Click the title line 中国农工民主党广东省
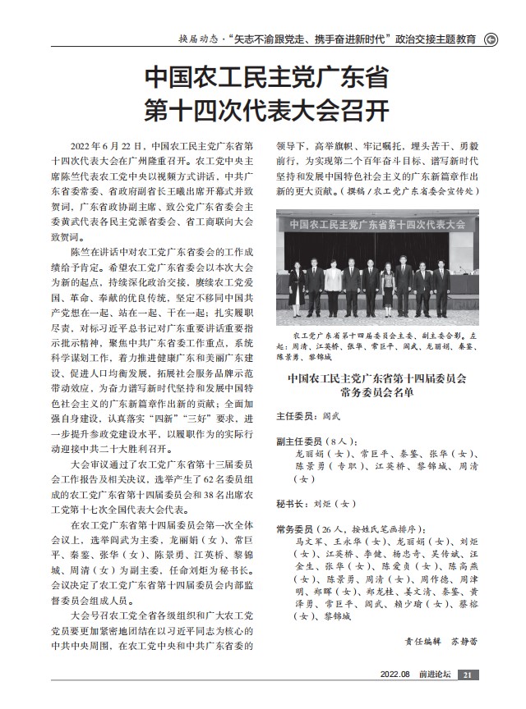coord(266,78)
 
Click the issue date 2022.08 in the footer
coord(394,675)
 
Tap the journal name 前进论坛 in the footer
coord(433,675)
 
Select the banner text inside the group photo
coord(377,223)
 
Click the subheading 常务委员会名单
coord(377,393)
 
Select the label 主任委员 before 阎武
coord(293,416)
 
